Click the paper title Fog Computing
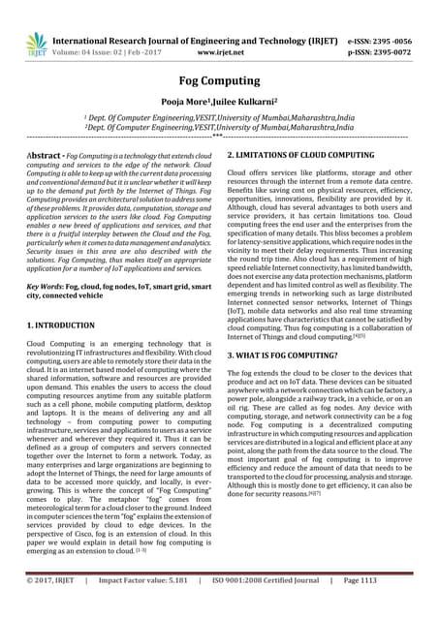[219, 82]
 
